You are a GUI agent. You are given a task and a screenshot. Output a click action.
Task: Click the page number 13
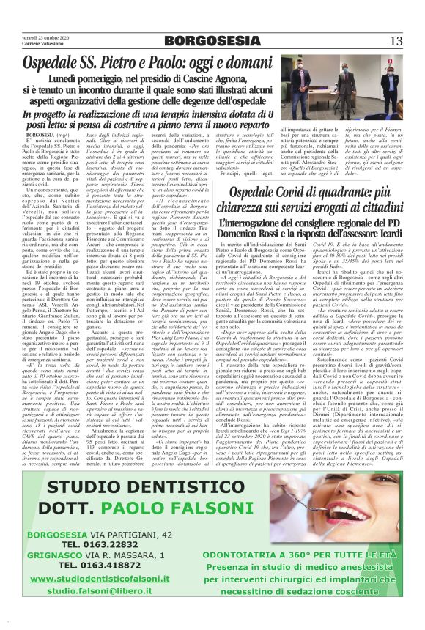point(396,40)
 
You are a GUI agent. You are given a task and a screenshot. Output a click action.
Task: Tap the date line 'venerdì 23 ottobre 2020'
point(45,37)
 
